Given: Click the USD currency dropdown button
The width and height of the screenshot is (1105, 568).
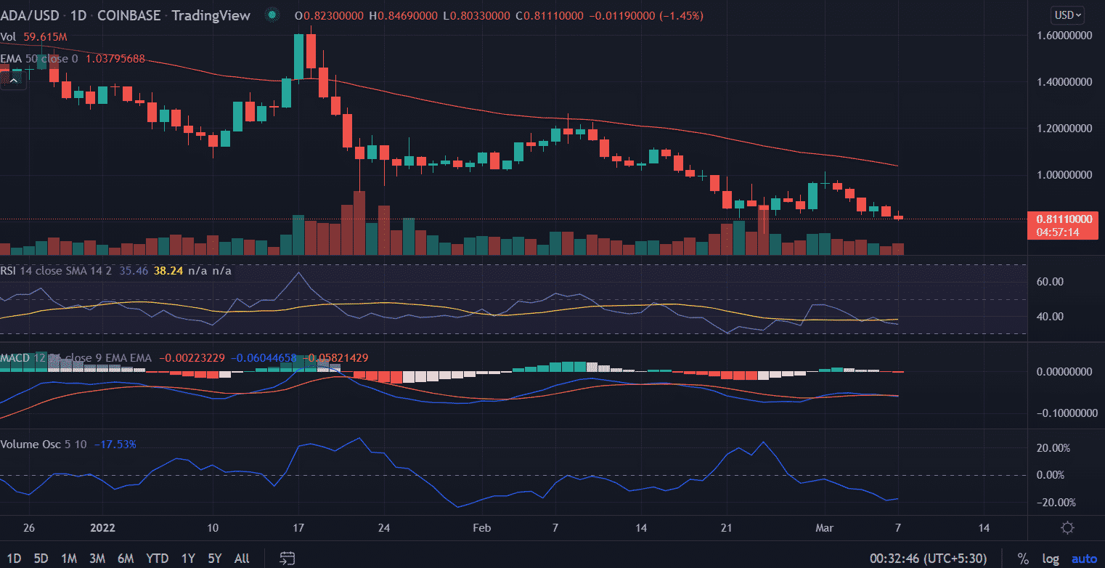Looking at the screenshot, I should [x=1067, y=15].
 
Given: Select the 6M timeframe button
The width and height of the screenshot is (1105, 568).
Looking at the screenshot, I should [x=126, y=559].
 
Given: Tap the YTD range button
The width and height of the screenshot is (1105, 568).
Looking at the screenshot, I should [x=158, y=559].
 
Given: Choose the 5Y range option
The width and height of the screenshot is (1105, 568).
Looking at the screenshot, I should [x=214, y=559].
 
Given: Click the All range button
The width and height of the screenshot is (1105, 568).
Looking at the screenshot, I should [x=242, y=559].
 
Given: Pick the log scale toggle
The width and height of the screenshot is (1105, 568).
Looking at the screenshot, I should [x=1050, y=559].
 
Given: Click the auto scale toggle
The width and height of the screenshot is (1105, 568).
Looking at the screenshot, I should [x=1083, y=559].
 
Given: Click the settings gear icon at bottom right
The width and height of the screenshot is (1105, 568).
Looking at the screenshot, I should [x=1067, y=528].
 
